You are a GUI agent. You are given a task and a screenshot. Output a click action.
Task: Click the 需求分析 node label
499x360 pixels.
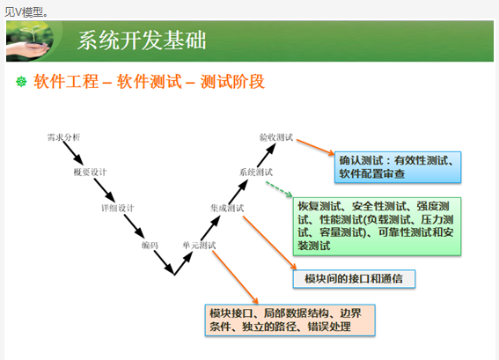pos(63,137)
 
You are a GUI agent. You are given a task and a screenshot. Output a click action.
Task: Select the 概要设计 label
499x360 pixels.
pos(91,173)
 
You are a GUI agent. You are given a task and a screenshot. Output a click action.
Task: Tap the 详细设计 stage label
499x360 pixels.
pos(118,209)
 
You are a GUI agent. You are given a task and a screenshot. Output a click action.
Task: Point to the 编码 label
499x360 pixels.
pos(150,245)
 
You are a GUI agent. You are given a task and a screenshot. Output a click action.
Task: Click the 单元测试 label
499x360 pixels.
pos(199,245)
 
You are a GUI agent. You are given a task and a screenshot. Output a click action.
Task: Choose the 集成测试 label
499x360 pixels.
pos(227,209)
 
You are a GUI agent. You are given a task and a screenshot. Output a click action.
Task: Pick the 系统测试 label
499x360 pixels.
pos(256,173)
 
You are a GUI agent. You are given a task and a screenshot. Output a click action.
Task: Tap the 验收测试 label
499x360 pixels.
pos(276,137)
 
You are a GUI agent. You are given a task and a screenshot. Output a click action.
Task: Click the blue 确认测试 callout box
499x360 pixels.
pos(398,167)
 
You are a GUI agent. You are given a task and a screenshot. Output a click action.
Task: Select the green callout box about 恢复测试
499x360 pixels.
pos(378,226)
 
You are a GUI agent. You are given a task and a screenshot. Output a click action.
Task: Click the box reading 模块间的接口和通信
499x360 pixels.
pos(354,279)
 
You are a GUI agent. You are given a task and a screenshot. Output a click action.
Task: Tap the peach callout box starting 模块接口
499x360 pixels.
pos(290,320)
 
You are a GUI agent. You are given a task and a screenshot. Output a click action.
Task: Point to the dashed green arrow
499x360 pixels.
pos(279,189)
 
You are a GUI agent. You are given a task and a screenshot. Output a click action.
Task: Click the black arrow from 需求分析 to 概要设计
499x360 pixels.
pos(73,153)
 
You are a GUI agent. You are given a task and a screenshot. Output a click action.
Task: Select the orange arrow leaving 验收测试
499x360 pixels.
pos(315,147)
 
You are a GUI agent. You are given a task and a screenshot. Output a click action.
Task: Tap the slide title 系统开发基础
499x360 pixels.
pos(142,40)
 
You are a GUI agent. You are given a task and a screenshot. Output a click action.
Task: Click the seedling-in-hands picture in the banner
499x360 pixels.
pos(29,41)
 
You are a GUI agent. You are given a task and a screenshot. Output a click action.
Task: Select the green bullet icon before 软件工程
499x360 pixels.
pos(21,82)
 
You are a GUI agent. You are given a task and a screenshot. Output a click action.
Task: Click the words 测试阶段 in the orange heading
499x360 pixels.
pos(232,82)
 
